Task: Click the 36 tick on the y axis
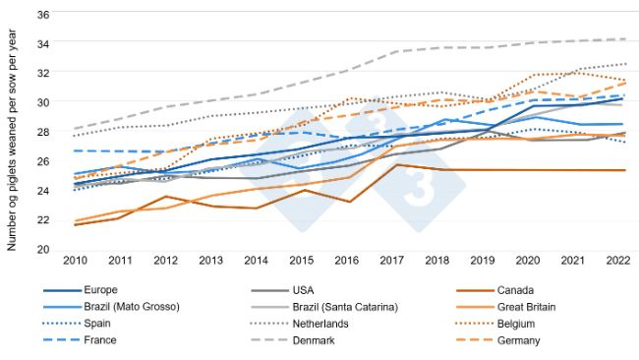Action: [44, 14]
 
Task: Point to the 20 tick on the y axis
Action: [44, 249]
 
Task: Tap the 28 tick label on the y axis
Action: [44, 131]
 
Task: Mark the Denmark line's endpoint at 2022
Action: [625, 39]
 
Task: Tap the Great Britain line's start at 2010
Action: [74, 220]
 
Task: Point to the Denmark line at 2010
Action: [74, 129]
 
